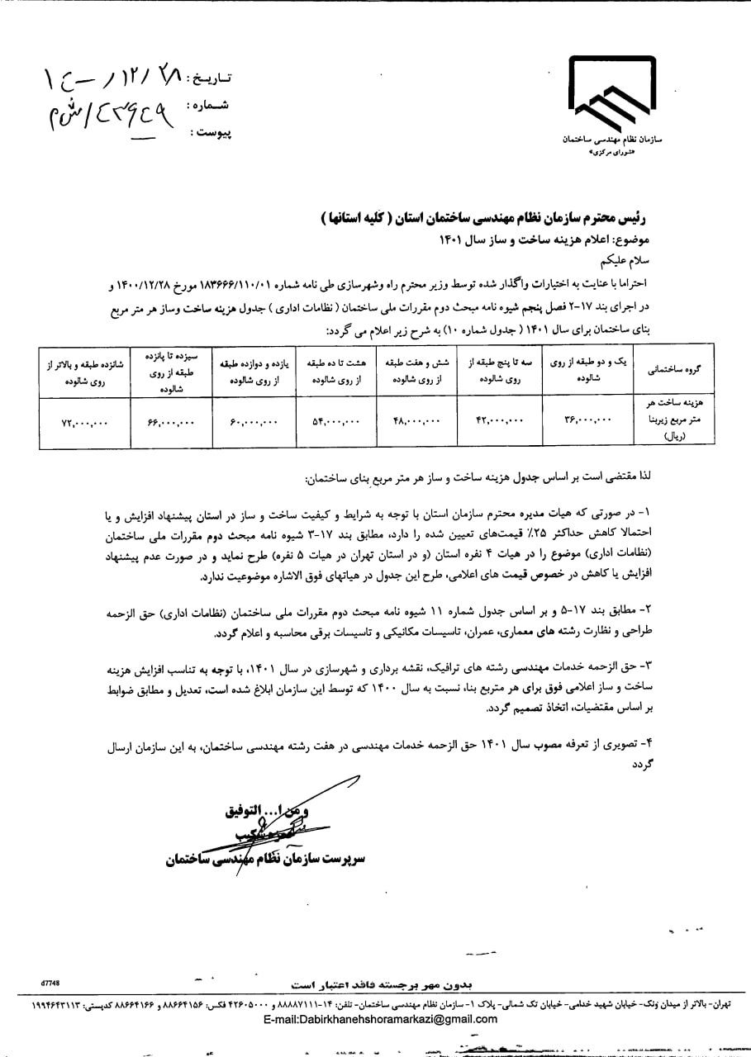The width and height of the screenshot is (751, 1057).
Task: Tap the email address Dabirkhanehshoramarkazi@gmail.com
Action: (381, 1019)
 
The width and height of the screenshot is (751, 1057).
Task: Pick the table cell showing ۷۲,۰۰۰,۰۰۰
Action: (84, 422)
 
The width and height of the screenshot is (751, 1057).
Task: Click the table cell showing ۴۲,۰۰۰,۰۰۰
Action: (499, 422)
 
